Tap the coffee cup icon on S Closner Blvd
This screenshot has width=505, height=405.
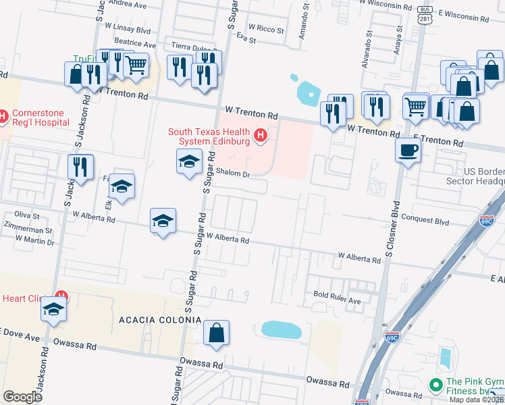click(x=408, y=151)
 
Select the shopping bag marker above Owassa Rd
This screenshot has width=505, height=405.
click(x=217, y=333)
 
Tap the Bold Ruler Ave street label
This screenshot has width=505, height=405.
click(x=337, y=295)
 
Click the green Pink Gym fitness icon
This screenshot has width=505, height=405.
click(x=436, y=385)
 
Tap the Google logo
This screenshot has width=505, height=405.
click(x=22, y=396)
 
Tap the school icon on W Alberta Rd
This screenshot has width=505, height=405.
click(x=163, y=221)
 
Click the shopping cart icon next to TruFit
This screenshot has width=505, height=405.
click(x=136, y=65)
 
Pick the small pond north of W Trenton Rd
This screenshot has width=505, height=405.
click(x=307, y=90)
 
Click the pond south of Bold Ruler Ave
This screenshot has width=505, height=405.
click(x=281, y=329)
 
